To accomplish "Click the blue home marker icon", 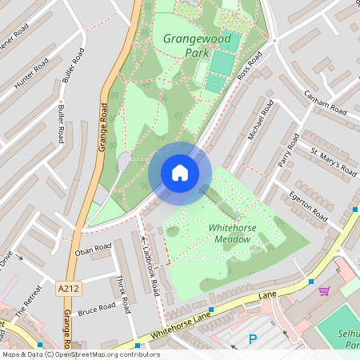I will [x=180, y=173].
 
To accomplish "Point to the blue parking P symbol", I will [x=253, y=339].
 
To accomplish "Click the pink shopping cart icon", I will [x=324, y=290].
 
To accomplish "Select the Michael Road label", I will [x=261, y=121].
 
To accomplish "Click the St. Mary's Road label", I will [x=334, y=160].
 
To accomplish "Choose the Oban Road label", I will [x=92, y=250].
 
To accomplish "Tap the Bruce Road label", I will [x=97, y=308].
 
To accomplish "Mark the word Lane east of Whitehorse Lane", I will [x=267, y=296].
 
